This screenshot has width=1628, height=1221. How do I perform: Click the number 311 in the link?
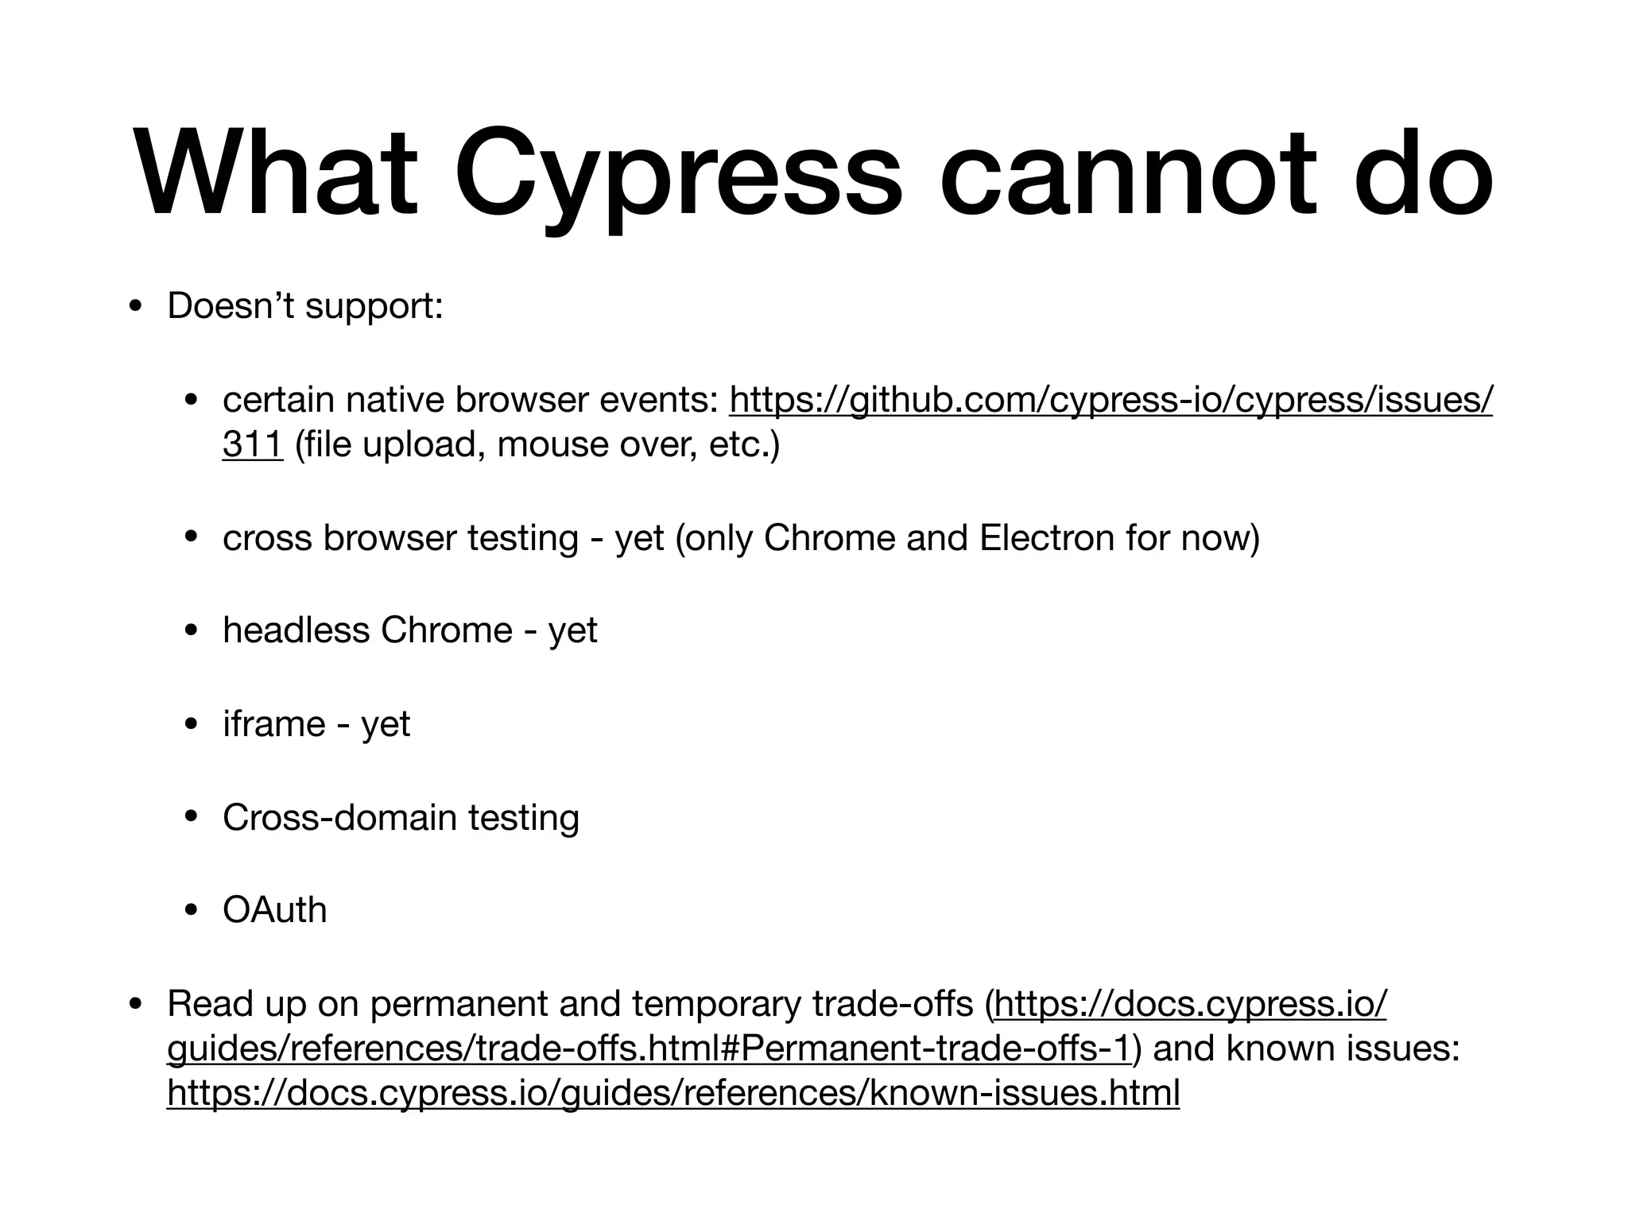252,444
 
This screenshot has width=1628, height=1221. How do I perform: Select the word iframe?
273,724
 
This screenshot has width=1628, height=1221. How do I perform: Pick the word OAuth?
274,910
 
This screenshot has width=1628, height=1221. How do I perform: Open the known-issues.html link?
673,1093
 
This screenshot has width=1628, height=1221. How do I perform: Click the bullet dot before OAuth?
190,911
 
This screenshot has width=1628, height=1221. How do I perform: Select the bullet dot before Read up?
135,1005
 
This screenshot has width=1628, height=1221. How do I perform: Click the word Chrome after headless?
446,630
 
